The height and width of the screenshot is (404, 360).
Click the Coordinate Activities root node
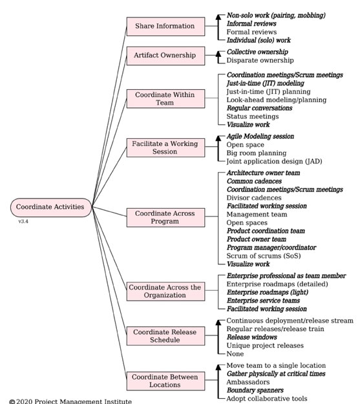coord(51,207)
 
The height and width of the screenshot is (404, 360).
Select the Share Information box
coord(165,27)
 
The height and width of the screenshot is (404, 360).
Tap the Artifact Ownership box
coord(165,56)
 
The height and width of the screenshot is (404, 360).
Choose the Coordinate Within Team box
coord(165,99)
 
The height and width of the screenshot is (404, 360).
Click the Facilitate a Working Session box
coord(165,147)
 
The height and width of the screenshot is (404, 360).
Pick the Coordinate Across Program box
coord(165,217)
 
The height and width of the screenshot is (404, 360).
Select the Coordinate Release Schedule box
coord(165,336)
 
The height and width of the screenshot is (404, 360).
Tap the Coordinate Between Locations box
coord(165,381)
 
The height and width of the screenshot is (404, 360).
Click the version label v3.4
coord(23,221)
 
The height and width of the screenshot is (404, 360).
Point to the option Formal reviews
coord(251,32)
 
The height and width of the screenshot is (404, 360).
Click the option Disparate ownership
coord(260,60)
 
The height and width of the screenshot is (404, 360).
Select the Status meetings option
coord(253,116)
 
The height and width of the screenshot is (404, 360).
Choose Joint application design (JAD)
coord(274,162)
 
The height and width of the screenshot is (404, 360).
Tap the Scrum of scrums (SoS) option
coord(264,256)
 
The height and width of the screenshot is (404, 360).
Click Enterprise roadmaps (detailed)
coord(277,284)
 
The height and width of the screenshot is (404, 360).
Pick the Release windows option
coord(252,337)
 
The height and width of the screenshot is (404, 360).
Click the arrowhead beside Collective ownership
coord(218,54)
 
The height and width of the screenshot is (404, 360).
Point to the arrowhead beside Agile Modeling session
coord(218,138)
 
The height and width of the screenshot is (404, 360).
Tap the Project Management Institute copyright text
coord(70,401)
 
